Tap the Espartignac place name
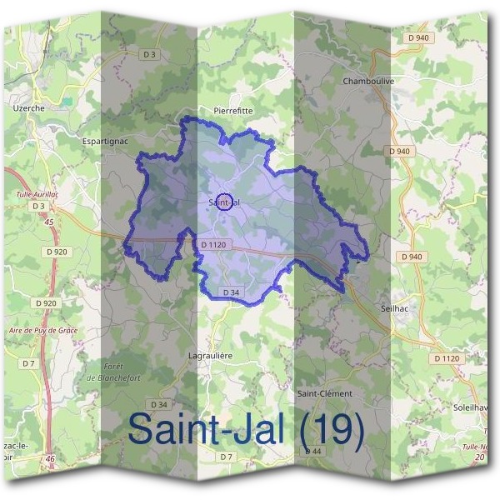tap(104, 142)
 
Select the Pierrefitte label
tap(232, 110)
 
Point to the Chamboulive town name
tap(367, 82)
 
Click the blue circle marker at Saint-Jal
tap(223, 202)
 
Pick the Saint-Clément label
tap(325, 392)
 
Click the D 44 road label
tap(313, 451)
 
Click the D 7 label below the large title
tap(227, 457)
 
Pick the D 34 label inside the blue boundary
tap(232, 292)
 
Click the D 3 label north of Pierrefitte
tap(149, 54)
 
